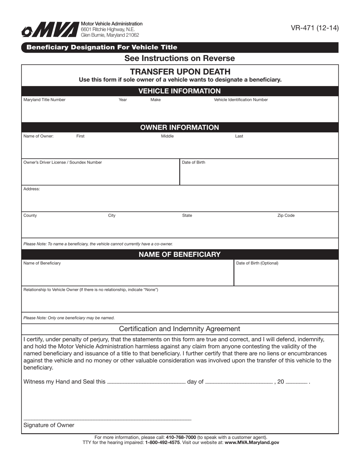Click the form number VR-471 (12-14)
(x=315, y=28)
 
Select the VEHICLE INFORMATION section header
(x=180, y=91)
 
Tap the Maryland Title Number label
(x=44, y=100)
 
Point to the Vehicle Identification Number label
(x=241, y=100)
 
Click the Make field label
(x=155, y=100)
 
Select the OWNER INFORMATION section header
(x=180, y=127)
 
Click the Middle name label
(x=167, y=136)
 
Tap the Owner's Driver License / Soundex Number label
(x=63, y=163)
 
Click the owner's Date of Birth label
(x=193, y=163)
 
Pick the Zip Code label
(x=286, y=216)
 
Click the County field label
(x=30, y=216)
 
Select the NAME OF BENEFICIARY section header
(x=180, y=254)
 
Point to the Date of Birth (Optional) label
(x=257, y=263)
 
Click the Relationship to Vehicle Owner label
(x=91, y=290)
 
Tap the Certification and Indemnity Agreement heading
(x=180, y=329)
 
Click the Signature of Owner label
(x=49, y=425)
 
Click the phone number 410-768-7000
(x=181, y=437)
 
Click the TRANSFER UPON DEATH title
(x=180, y=72)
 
